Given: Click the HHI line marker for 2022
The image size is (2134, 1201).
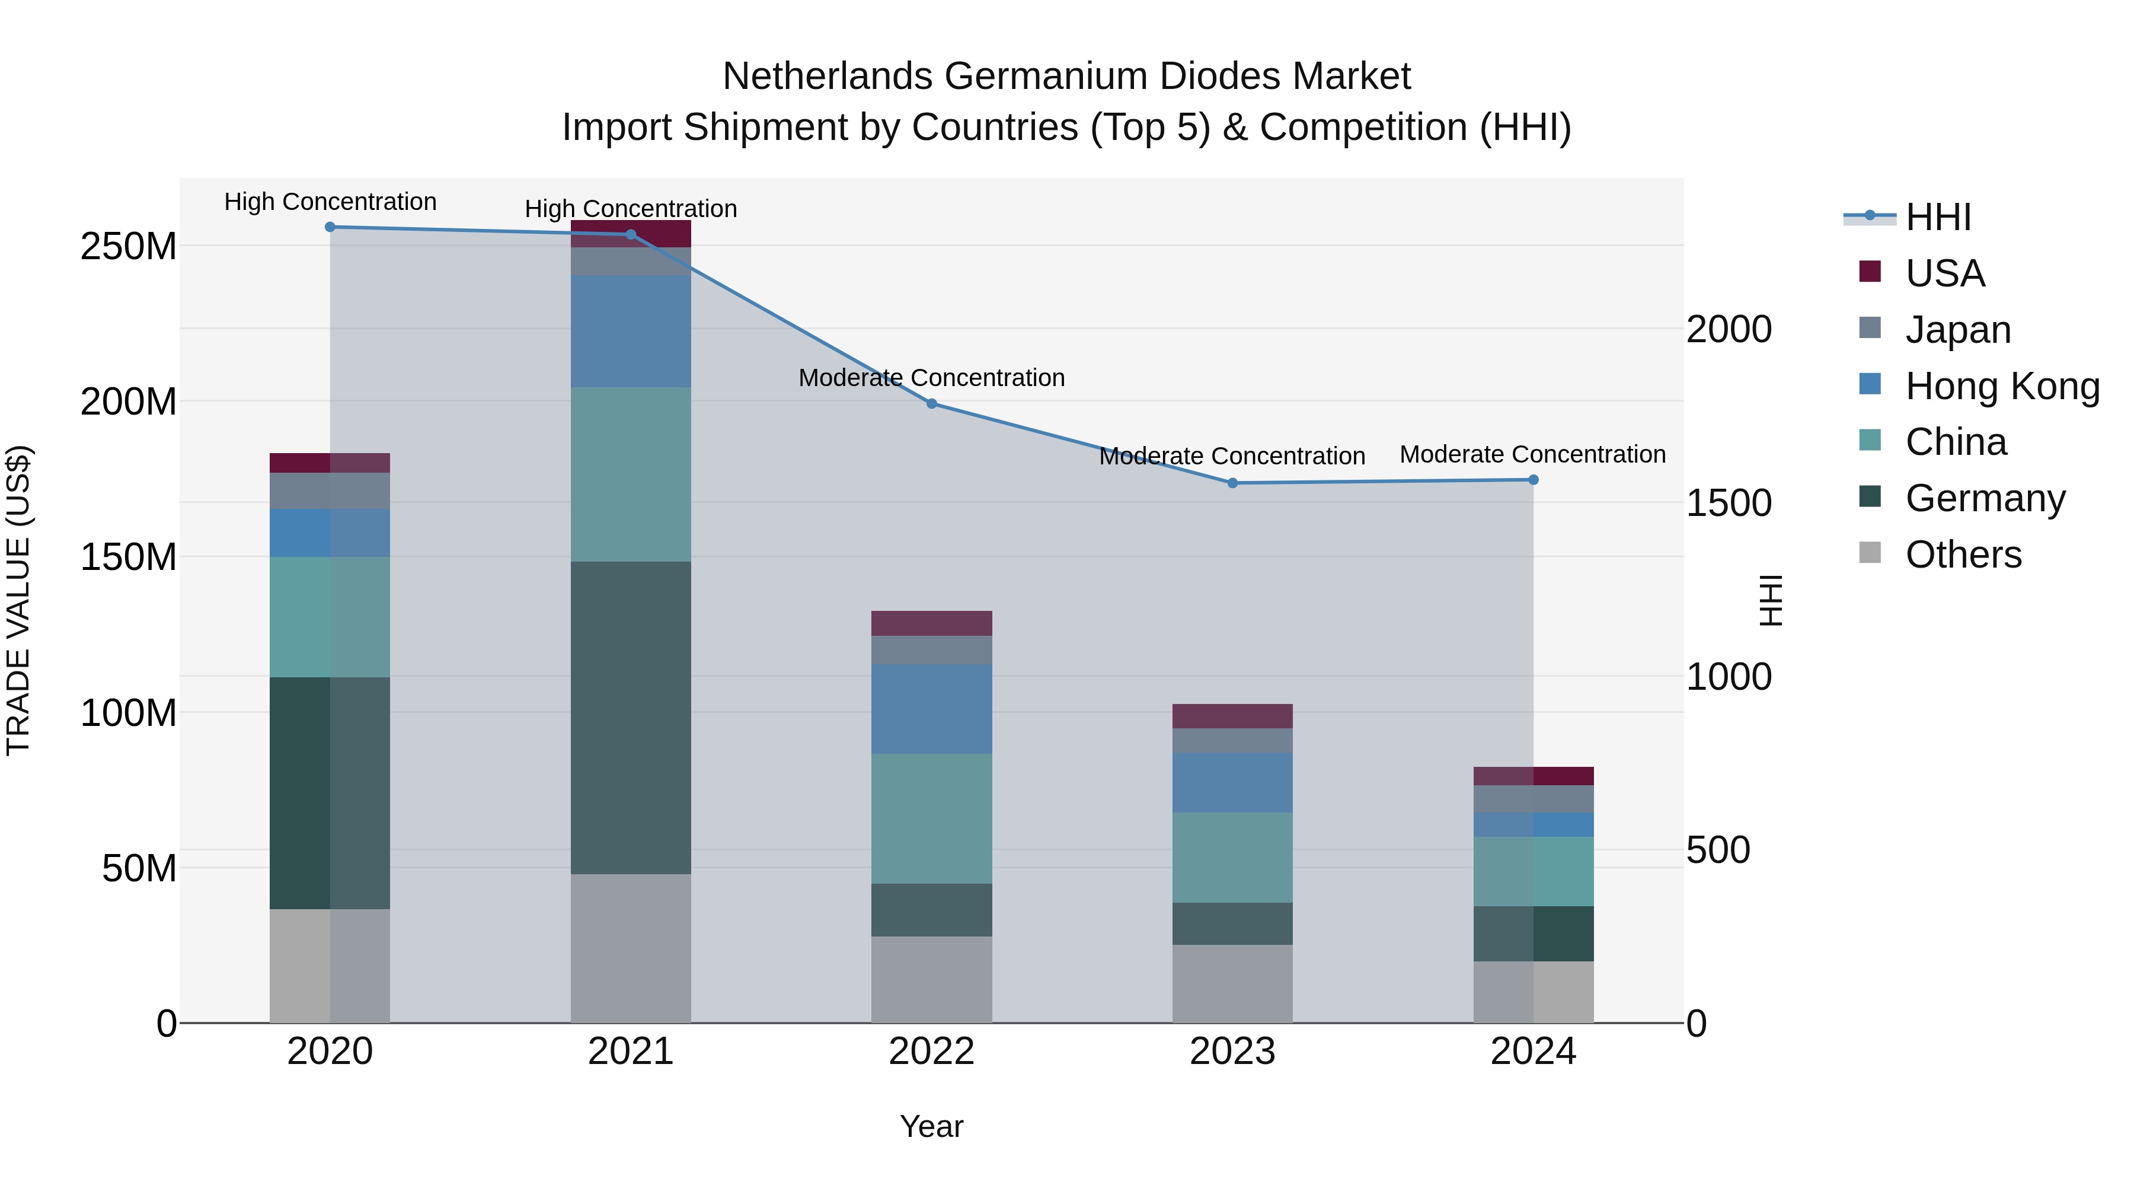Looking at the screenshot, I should click(931, 404).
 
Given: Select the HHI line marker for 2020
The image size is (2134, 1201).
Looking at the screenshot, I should click(330, 227).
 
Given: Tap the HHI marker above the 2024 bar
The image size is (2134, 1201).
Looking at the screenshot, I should click(1532, 480).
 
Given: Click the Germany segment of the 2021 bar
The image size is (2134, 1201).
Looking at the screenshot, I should click(631, 717).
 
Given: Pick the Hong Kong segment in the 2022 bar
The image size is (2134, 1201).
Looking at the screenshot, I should click(931, 709).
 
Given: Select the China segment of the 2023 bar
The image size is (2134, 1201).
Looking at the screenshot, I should click(1232, 857).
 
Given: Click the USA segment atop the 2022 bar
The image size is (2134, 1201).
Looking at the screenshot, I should click(931, 623).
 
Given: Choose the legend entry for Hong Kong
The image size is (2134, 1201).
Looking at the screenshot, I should click(2001, 386).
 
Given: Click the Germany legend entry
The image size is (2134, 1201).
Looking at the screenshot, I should click(1984, 498).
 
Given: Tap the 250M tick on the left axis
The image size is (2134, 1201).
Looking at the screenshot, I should click(129, 247).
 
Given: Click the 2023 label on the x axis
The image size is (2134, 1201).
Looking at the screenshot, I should click(1232, 1052).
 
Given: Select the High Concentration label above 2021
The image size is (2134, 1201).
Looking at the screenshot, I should click(631, 209).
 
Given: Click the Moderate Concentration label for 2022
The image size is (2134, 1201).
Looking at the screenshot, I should click(931, 378).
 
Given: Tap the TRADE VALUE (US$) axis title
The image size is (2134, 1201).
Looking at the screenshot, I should click(18, 600).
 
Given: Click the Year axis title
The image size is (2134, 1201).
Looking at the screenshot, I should click(931, 1126).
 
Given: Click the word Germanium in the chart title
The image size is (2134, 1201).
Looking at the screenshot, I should click(1046, 77).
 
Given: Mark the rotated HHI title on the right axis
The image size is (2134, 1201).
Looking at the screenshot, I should click(1769, 600).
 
